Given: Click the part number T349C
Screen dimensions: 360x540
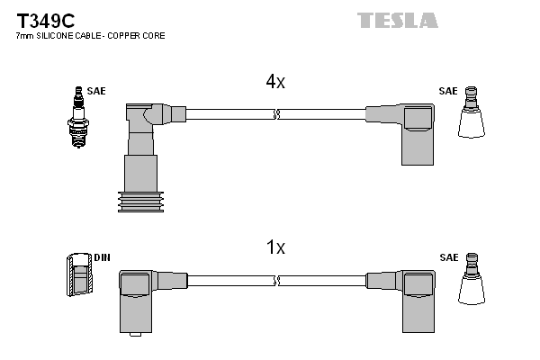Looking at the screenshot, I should [x=42, y=19].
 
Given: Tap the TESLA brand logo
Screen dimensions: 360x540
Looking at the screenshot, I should [x=397, y=20].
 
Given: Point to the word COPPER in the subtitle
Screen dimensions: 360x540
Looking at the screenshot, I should [x=130, y=37].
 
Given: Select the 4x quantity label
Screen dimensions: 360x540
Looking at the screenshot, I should [x=275, y=82].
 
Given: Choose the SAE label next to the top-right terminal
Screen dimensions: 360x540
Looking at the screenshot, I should [x=447, y=91].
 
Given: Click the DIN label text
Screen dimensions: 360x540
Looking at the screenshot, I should [x=103, y=257].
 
